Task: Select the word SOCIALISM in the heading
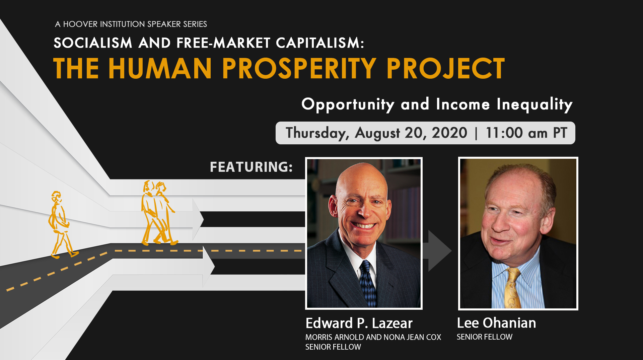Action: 93,43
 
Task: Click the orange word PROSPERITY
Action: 299,68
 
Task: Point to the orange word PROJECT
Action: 446,68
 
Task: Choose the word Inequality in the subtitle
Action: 534,104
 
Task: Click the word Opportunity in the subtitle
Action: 348,104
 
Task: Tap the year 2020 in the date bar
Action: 449,133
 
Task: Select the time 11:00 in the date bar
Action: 504,133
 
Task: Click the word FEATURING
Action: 251,167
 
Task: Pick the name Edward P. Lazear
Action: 359,323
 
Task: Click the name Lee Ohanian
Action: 496,323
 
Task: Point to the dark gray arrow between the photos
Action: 437,250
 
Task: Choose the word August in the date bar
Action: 377,133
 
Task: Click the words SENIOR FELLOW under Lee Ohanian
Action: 485,337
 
